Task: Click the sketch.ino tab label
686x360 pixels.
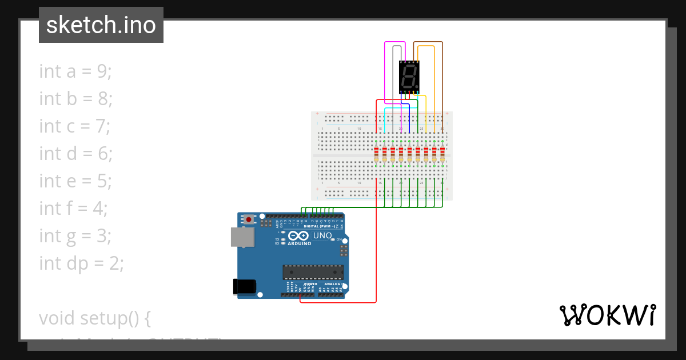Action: coord(101,25)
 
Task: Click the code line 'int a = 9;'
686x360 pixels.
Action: coord(75,71)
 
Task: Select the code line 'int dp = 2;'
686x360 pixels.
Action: coord(81,263)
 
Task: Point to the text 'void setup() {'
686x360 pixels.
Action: coord(94,318)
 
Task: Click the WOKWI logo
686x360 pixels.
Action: coord(607,315)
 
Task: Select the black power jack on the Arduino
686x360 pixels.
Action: coord(244,286)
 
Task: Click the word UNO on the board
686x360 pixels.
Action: coord(322,235)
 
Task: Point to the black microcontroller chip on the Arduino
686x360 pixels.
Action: coord(313,273)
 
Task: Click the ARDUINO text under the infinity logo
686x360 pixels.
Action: coord(300,243)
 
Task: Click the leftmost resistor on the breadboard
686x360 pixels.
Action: coord(376,154)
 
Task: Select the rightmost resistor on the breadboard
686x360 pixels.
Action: coord(442,154)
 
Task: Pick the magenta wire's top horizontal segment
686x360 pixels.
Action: coord(395,42)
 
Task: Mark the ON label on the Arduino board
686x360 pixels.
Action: coord(338,239)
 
